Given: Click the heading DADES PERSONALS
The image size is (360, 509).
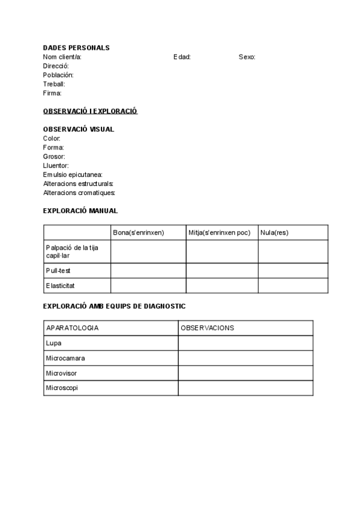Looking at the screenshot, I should (x=76, y=48).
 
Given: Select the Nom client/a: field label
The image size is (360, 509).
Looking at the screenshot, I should (x=62, y=57).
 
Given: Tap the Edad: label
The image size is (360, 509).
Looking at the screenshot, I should (x=182, y=57).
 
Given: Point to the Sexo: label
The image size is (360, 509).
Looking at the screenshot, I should (x=247, y=57).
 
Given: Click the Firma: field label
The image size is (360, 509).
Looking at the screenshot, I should (x=53, y=93).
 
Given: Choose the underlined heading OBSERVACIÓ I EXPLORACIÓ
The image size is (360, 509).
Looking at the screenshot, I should (x=91, y=111).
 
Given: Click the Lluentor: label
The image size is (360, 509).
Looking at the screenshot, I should (x=56, y=165).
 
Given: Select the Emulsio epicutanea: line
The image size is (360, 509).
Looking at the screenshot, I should (x=73, y=174).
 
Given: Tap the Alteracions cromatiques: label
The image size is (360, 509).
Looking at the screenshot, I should (x=79, y=193).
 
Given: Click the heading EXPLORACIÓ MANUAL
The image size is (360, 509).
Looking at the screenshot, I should (x=80, y=211).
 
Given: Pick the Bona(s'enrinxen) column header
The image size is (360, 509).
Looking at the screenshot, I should (x=139, y=232).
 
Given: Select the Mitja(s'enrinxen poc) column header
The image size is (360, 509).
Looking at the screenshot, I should (x=219, y=232).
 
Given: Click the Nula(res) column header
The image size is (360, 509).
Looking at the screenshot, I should (x=274, y=232).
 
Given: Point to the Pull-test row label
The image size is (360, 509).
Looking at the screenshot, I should (x=58, y=271).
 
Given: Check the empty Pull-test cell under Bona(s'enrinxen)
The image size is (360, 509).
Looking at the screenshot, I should (x=148, y=271).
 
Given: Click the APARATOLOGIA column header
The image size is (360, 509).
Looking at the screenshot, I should (x=72, y=328).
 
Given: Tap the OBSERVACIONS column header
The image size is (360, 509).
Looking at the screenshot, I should (x=207, y=328).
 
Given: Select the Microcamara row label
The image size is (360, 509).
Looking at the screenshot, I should (x=65, y=358).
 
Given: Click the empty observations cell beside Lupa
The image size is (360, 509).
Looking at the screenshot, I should (x=245, y=343).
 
